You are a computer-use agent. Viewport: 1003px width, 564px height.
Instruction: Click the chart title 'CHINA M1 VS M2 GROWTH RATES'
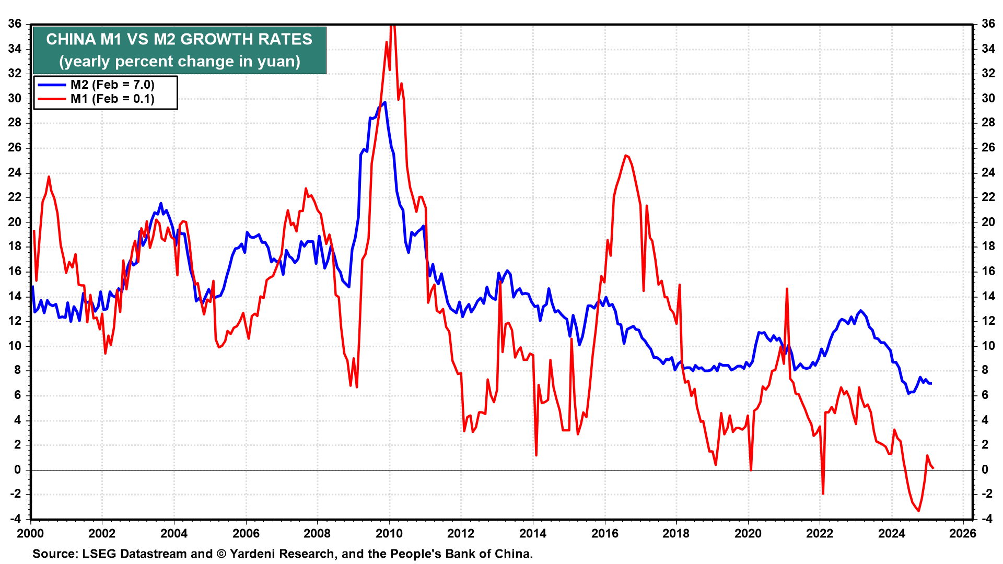pos(179,40)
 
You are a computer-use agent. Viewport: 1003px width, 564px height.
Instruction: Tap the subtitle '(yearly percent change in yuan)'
pos(179,62)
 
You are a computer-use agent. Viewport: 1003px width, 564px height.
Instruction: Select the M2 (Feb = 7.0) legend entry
pos(112,85)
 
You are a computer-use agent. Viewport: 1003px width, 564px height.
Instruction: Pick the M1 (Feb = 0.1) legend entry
pos(112,99)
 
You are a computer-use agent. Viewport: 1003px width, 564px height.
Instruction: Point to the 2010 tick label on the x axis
pos(389,533)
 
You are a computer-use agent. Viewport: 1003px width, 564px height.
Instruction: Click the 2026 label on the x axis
pos(963,533)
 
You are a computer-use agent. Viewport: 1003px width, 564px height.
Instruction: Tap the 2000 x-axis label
pos(30,533)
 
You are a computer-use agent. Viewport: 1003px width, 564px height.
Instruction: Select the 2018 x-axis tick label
pos(676,533)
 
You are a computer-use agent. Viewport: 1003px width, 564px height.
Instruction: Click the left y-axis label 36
pos(15,24)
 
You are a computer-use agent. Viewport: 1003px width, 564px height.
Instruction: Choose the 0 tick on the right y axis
pos(985,469)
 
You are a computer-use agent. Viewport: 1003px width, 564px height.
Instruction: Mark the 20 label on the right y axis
pos(988,222)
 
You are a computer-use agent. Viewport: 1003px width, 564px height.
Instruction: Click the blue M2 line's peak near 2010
pos(385,102)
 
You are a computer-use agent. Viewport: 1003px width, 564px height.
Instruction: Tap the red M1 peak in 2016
pos(626,155)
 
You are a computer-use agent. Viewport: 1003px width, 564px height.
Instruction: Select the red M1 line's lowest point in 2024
pos(919,511)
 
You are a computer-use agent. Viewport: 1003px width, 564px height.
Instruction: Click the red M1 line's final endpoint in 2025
pos(933,468)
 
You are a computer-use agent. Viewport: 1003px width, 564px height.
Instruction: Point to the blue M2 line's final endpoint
pos(931,383)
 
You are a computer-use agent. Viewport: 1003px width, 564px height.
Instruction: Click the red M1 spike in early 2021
pos(787,289)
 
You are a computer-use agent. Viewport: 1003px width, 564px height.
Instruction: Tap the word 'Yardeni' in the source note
pos(252,554)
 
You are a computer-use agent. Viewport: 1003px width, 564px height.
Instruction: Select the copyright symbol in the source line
pos(221,554)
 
